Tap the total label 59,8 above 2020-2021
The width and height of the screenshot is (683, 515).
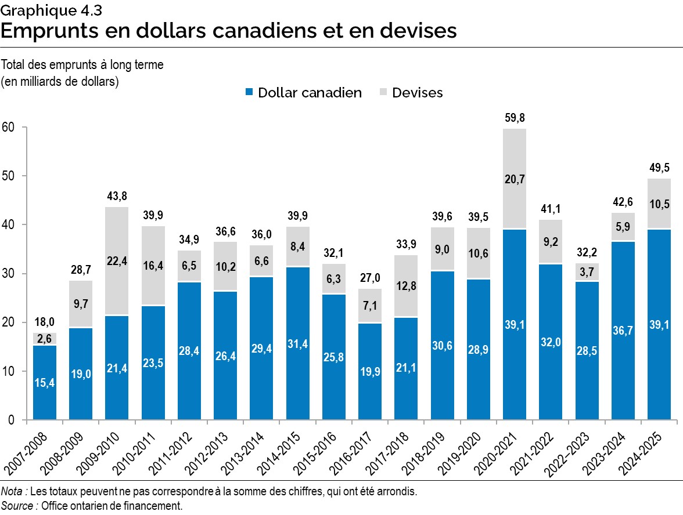click(515, 118)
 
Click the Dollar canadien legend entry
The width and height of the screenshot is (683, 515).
click(303, 93)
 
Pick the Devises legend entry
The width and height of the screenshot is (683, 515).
click(411, 93)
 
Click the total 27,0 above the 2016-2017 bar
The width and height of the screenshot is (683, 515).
click(370, 278)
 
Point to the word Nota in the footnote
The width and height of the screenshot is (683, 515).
click(13, 492)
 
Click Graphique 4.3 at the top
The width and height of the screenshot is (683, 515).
click(48, 9)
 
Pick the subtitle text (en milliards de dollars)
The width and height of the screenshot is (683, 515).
click(60, 81)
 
